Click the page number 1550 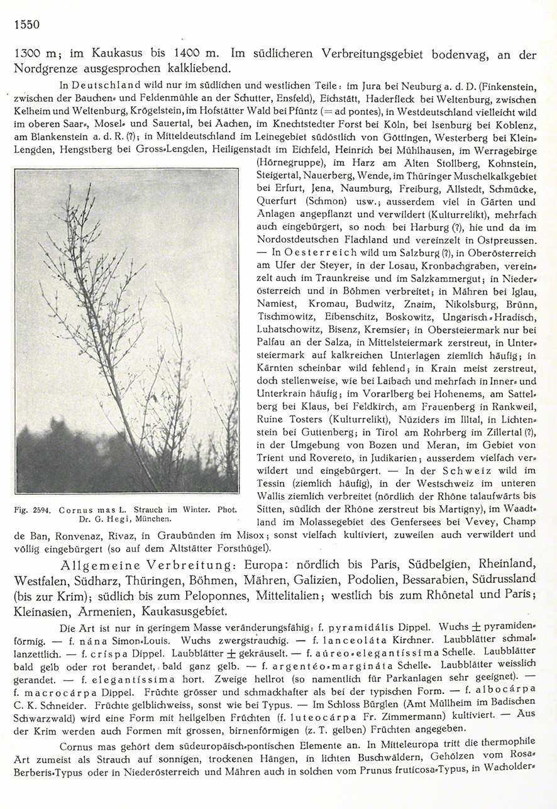pyautogui.click(x=25, y=25)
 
